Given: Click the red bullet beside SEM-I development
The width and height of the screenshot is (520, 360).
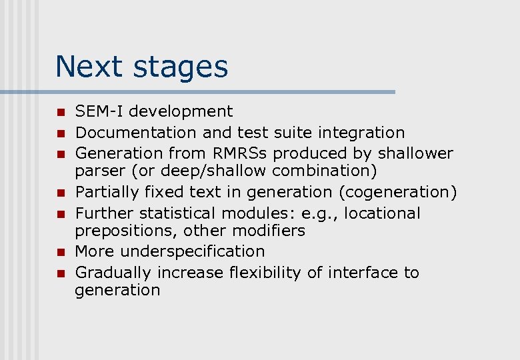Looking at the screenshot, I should point(59,112).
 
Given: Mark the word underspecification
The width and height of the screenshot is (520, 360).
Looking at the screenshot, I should point(193,252).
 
